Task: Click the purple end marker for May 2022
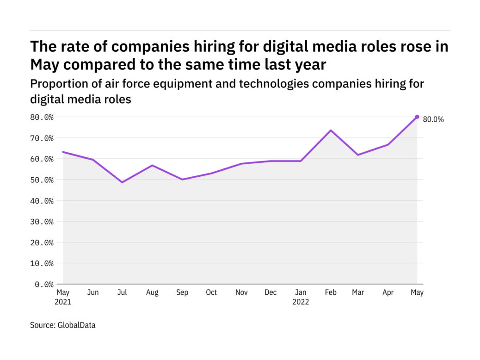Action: point(417,117)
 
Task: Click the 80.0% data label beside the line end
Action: point(433,119)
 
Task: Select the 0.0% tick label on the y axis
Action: point(45,284)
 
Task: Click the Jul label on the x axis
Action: point(122,293)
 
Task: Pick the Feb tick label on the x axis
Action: point(330,293)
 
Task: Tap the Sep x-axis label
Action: point(182,293)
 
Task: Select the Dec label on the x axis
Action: point(271,293)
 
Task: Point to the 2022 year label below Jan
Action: point(301,302)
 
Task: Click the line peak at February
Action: point(331,130)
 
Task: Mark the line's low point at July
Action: point(122,182)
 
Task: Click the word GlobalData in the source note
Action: point(76,325)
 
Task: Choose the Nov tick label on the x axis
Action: point(241,293)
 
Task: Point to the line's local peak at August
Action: point(152,165)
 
